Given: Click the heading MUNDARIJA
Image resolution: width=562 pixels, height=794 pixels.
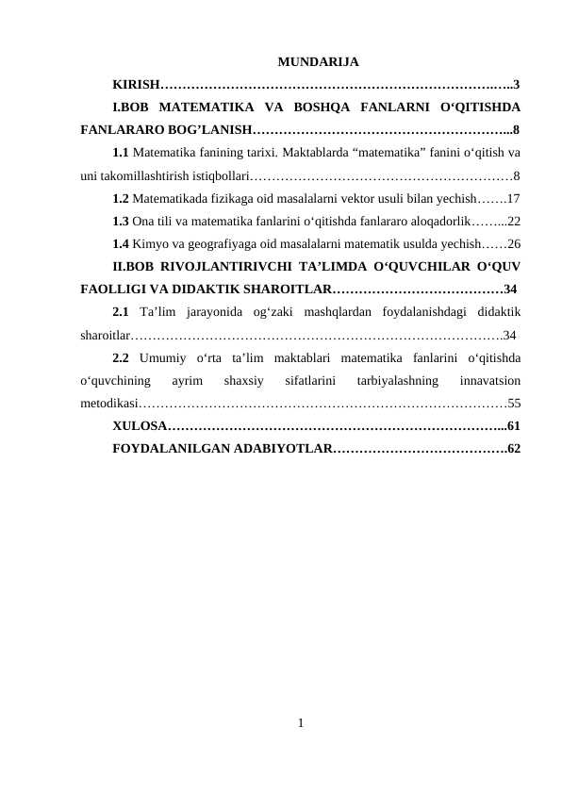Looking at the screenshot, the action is coord(318,63).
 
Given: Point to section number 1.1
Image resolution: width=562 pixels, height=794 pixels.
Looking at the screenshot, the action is coord(121,152).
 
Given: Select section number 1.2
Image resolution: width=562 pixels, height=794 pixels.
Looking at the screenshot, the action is coord(121,199).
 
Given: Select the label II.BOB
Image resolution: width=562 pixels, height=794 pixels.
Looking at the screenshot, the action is coord(131,266).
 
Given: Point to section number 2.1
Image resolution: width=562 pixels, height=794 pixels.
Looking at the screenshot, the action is coord(121,311).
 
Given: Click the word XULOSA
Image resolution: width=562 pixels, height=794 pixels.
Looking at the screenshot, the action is coord(139,426).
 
